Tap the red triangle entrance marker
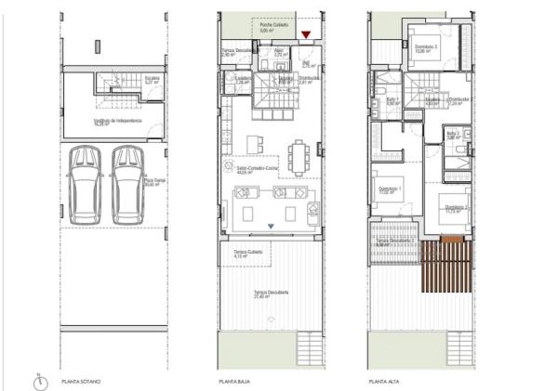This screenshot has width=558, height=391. tap(306, 36)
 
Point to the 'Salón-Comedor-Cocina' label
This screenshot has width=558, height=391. tap(246, 168)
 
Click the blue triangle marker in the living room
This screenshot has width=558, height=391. tap(271, 226)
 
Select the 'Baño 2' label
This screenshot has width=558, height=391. tap(454, 134)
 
